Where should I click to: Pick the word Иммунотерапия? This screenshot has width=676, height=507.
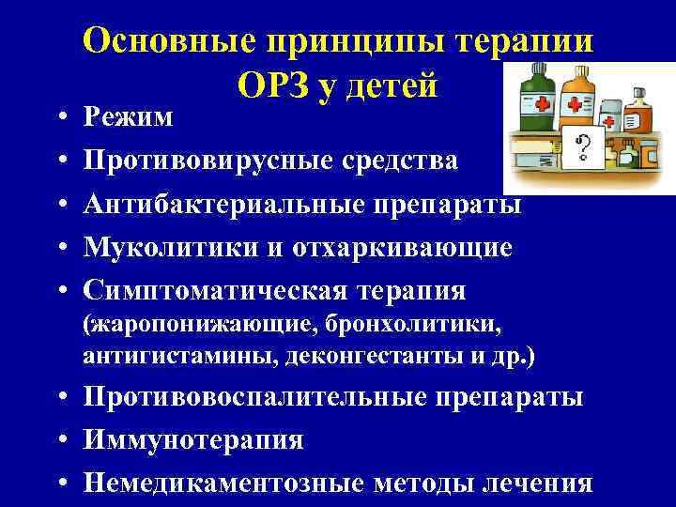pyautogui.click(x=192, y=440)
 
